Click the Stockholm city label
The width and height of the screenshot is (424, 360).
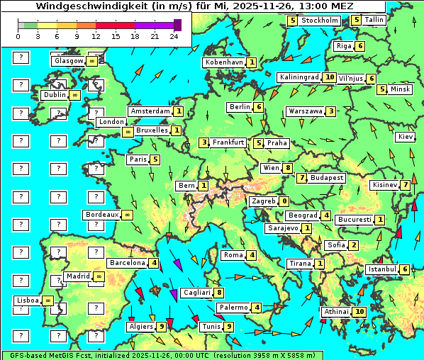coord(319,21)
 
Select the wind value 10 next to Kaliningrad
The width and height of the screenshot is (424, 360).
coord(329,77)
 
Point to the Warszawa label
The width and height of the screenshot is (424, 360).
coord(306,111)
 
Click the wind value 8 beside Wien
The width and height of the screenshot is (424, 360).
coord(287,168)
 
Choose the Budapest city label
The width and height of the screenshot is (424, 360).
coord(327,178)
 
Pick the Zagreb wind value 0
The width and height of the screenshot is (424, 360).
coord(284,201)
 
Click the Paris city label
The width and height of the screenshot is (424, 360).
coord(138,159)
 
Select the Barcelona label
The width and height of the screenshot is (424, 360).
coord(128,263)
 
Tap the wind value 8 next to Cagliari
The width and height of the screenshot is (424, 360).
coord(220,293)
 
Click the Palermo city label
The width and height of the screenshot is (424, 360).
coord(233,308)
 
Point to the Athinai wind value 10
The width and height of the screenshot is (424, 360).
coord(359,312)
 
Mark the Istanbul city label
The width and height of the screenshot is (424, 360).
coord(382,269)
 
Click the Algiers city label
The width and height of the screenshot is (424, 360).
coord(141,327)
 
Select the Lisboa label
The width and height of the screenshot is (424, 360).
coord(28,300)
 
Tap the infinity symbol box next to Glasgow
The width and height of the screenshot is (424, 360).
coord(92,62)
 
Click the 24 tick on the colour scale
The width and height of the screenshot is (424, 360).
coord(174,35)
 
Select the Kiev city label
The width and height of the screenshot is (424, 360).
coord(406,137)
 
